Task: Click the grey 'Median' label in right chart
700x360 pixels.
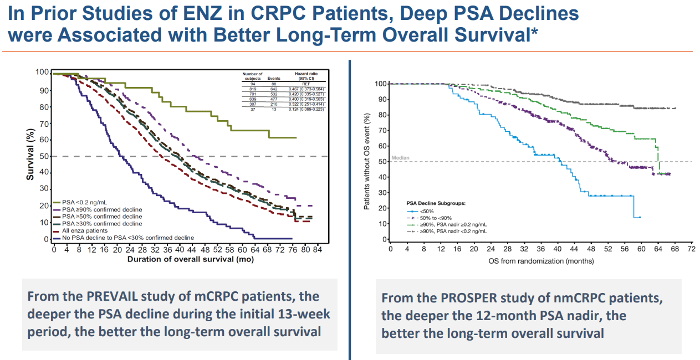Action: click(x=400, y=158)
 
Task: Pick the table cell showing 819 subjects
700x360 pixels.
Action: click(x=252, y=89)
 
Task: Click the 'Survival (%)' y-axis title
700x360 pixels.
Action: click(x=32, y=155)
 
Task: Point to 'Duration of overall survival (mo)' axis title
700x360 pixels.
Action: click(x=182, y=259)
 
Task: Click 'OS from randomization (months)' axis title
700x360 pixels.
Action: click(x=541, y=260)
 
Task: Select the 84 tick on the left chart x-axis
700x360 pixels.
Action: click(x=317, y=250)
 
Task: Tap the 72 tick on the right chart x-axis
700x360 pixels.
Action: click(x=691, y=249)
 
